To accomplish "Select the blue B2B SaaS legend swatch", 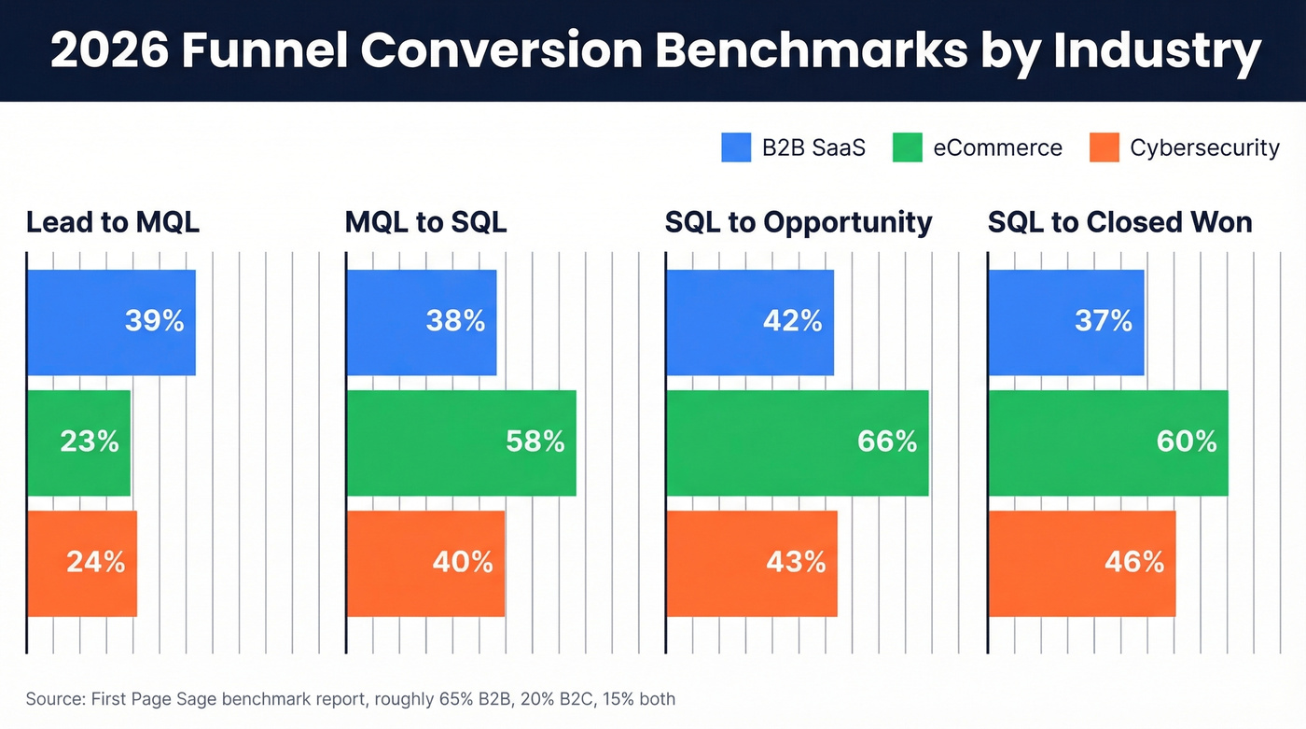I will point(736,147).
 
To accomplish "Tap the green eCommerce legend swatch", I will point(907,147).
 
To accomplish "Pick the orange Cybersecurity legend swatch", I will point(1104,147).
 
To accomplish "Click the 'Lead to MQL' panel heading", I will point(113,222).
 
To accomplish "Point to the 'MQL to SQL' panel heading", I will point(425,222).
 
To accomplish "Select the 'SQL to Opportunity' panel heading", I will point(799,222).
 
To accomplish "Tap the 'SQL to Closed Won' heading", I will point(1119,222).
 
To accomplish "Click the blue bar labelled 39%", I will point(111,322).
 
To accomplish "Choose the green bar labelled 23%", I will point(78,442).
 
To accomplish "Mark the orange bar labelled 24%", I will point(82,563).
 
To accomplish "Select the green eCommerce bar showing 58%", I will point(461,442).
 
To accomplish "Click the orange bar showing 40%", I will point(425,563).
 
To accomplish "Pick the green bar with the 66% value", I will point(798,442).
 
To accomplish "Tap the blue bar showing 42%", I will point(750,322).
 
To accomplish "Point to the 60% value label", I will point(1187,442).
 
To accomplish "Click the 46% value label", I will point(1134,562).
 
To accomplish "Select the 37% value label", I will point(1103,322).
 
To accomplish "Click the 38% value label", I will point(455,322).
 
